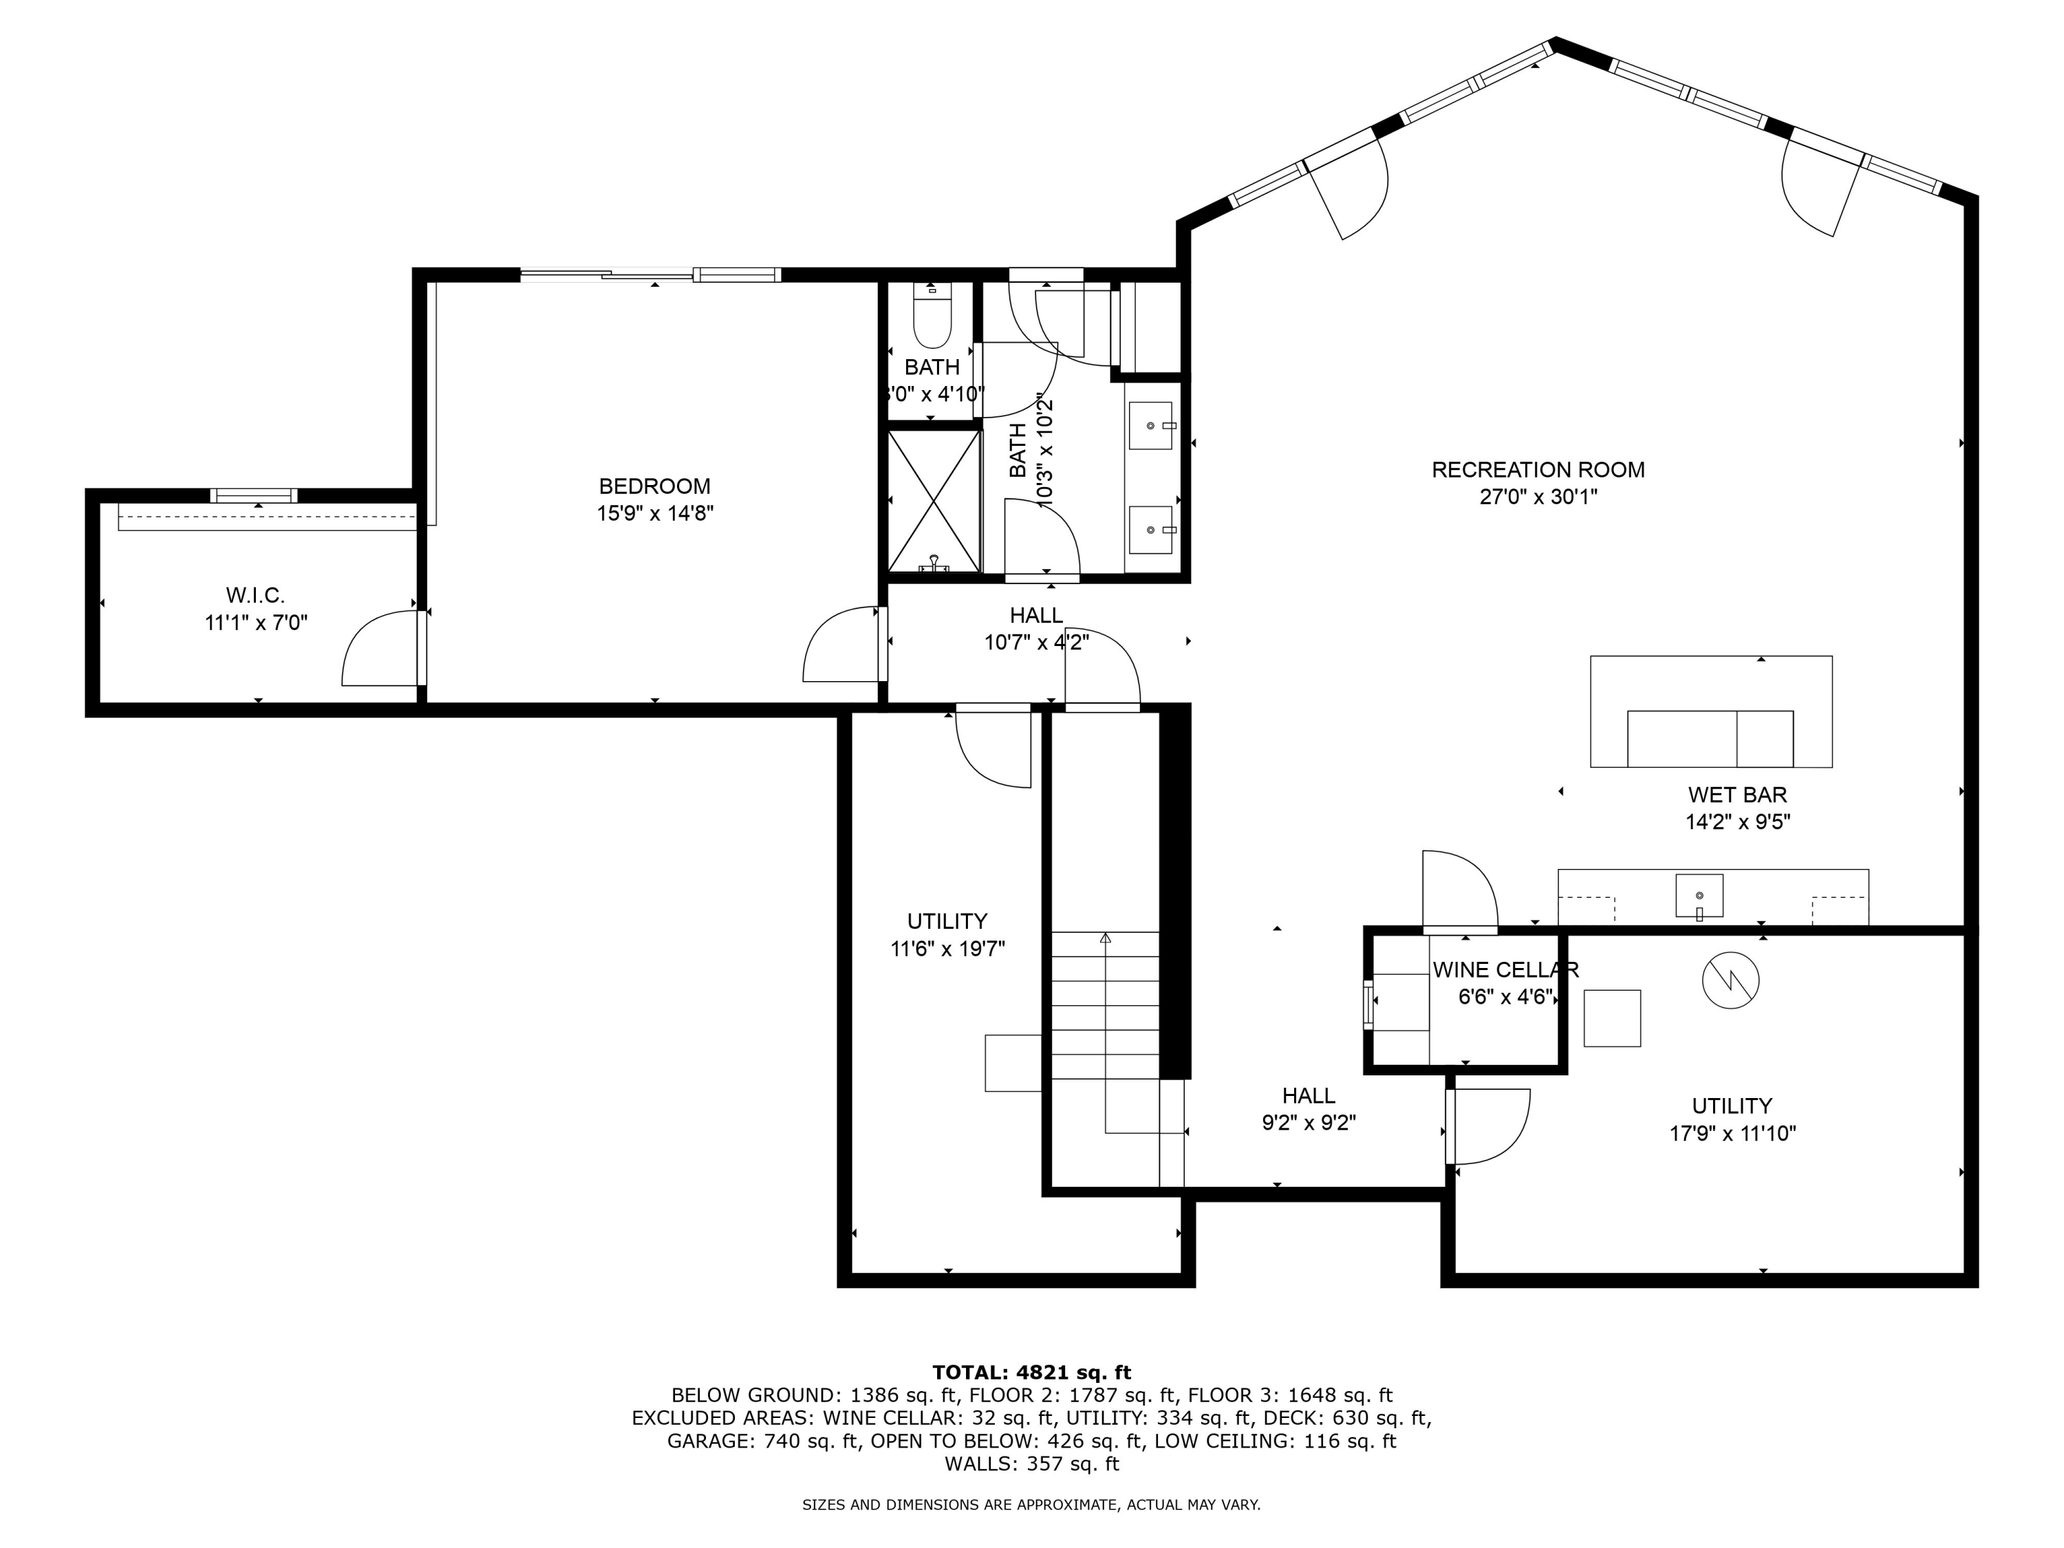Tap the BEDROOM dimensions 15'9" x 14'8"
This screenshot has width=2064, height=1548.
[x=655, y=513]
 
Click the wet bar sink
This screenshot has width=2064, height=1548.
[x=1699, y=896]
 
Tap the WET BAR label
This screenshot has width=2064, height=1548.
[x=1737, y=795]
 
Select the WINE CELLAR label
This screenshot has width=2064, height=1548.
[x=1505, y=969]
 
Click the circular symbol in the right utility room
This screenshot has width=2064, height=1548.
[x=1731, y=980]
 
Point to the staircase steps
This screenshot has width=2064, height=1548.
[x=1106, y=1006]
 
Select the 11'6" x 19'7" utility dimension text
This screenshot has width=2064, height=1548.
[x=947, y=949]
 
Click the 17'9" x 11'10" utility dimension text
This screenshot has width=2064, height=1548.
[x=1732, y=1134]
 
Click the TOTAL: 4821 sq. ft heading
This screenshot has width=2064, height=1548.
[x=1031, y=1373]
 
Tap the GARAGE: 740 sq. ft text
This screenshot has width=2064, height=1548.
[x=762, y=1441]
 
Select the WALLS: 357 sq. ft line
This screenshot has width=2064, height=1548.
[x=1031, y=1464]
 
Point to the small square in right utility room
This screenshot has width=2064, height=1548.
[x=1613, y=1018]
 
